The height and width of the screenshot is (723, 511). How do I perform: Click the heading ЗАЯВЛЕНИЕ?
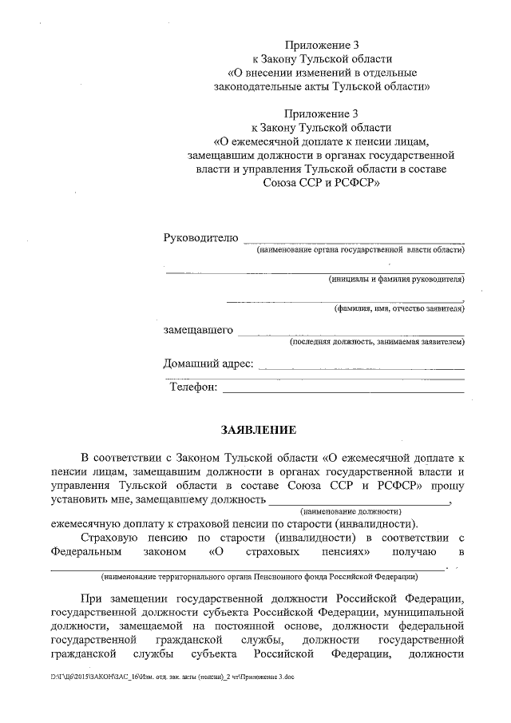(x=258, y=431)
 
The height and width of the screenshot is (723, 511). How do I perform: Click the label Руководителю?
(x=200, y=238)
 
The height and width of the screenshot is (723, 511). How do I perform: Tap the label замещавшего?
(x=198, y=330)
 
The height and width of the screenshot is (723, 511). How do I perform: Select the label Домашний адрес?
(x=208, y=364)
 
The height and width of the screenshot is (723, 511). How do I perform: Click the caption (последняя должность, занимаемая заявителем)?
(x=376, y=342)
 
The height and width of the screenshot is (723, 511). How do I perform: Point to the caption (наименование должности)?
(x=350, y=510)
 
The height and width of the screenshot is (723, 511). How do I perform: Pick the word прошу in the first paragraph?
(x=448, y=485)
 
